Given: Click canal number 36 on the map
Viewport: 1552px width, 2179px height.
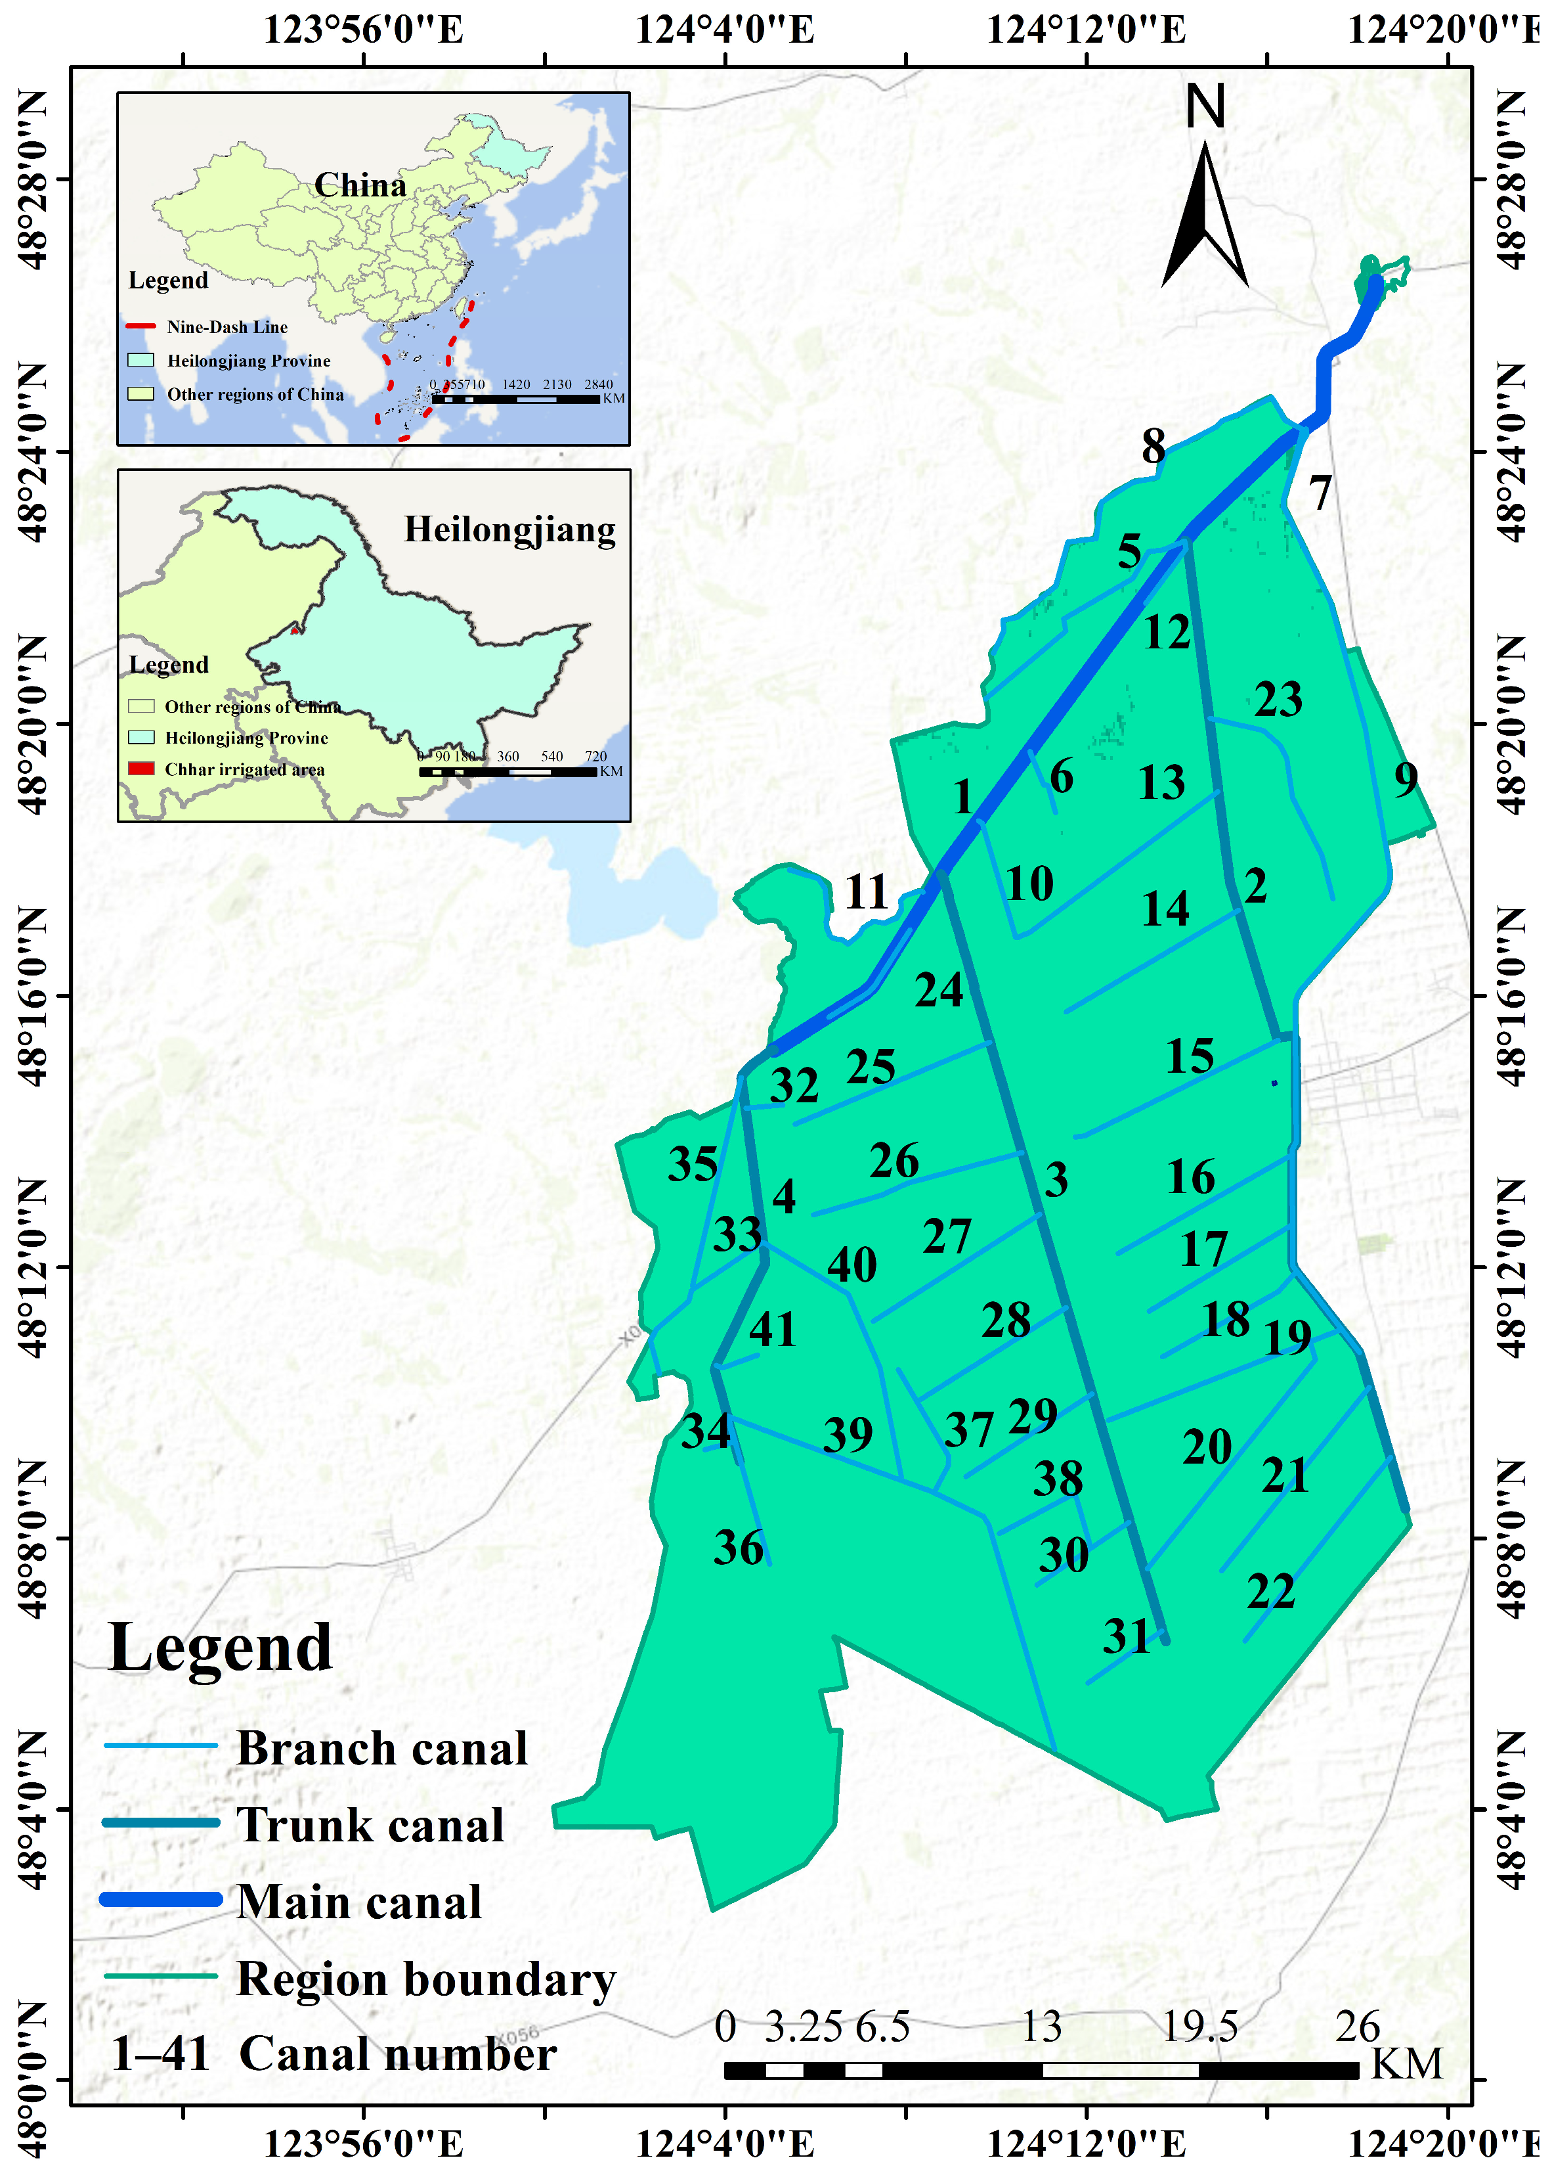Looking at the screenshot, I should [738, 1547].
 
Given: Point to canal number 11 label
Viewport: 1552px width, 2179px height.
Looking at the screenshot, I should [866, 892].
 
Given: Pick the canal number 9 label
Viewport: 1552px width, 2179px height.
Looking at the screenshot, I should [1405, 778].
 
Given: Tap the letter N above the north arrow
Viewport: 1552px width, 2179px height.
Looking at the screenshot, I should [1205, 106].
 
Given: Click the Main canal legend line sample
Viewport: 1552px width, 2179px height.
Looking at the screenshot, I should [161, 1899].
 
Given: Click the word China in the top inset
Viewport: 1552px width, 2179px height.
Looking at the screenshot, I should [360, 185].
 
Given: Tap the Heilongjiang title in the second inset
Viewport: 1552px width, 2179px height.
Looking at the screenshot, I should [509, 529].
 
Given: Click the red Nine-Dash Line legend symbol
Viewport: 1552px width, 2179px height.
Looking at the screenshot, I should [140, 326].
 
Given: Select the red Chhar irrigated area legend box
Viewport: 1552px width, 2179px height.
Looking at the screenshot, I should [140, 769].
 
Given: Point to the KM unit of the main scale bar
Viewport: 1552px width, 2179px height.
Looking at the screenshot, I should [1406, 2063].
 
